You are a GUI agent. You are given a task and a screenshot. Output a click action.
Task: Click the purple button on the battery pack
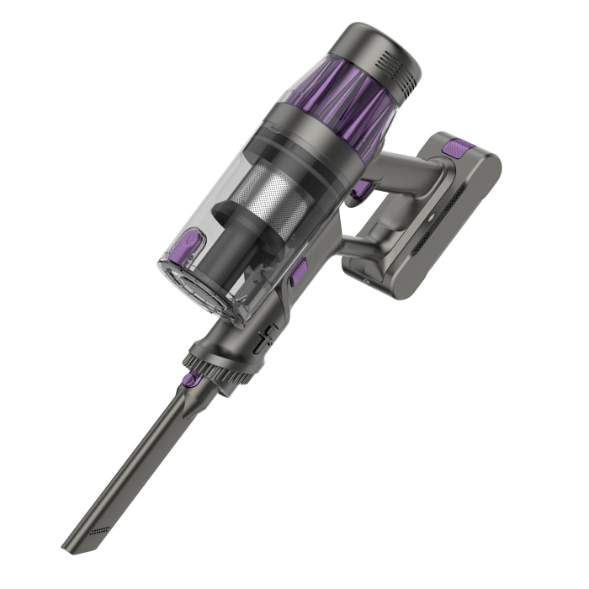pos(454,149)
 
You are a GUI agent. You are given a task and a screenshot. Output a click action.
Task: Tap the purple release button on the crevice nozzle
pos(192,380)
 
